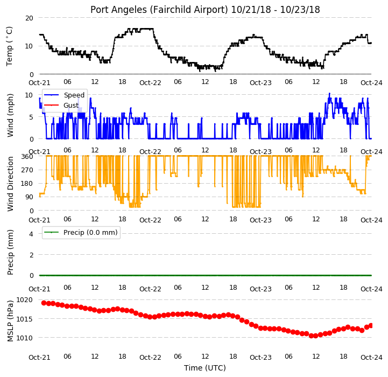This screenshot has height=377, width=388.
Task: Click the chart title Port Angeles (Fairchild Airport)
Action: coord(159,10)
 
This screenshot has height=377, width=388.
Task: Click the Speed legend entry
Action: coord(65,95)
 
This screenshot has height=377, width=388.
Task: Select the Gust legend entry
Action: coord(61,105)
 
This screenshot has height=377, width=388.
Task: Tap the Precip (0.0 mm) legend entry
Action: coord(81,232)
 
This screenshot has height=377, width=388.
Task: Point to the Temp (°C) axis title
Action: coord(9,46)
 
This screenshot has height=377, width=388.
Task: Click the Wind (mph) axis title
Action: coord(10,115)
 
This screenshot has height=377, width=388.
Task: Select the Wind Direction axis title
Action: coord(10,184)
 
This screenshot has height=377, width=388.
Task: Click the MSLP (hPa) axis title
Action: coord(10,321)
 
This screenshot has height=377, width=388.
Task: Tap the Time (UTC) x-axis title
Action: coord(205,368)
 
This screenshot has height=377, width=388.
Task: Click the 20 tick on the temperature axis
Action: coord(29,18)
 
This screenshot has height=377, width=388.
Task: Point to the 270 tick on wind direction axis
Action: coord(27,170)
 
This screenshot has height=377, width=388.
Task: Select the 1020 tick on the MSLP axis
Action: coord(25,300)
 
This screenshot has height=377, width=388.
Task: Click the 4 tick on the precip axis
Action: coord(31,234)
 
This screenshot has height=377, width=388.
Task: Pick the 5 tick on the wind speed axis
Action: coord(31,117)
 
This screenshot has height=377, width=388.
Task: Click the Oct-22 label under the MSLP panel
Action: coord(150,358)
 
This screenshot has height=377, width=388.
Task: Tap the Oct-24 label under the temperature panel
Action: coord(371,83)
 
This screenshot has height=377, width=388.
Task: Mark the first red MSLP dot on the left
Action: coord(44,303)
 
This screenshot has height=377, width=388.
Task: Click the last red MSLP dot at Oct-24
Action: coord(371,326)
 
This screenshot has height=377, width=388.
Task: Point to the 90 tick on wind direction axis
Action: coord(30,197)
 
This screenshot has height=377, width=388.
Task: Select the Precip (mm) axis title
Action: coord(10,253)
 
